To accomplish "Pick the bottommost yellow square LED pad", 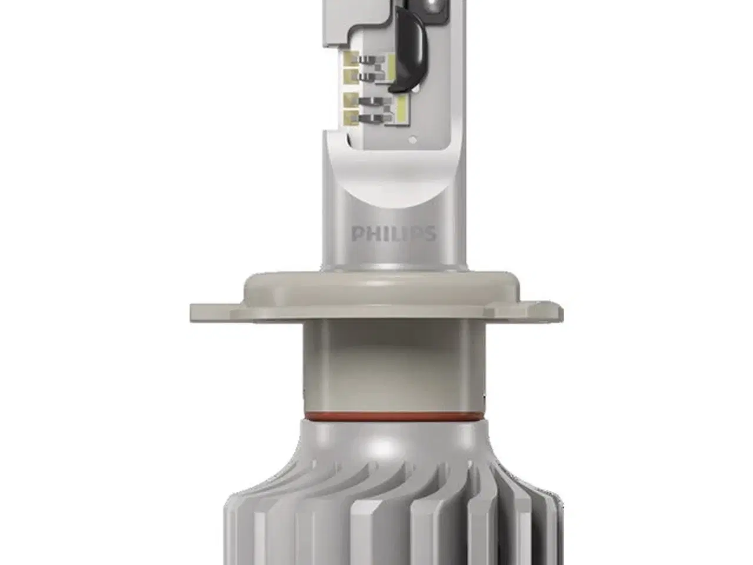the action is point(351,118).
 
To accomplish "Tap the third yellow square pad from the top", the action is point(351,101).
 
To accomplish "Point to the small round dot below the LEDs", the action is point(413,139).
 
